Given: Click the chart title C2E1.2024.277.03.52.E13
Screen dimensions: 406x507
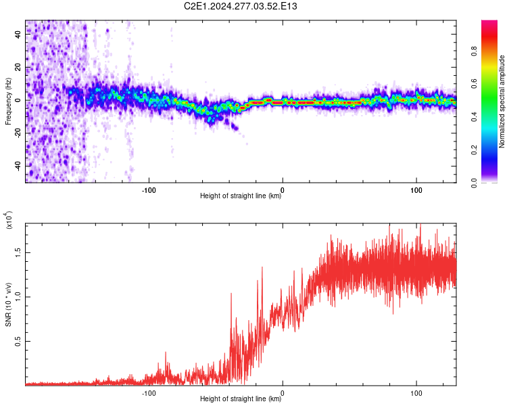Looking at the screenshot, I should [241, 6].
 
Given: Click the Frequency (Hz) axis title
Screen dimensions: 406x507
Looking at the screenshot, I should [9, 101].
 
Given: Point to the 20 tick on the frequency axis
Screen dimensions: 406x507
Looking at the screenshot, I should [18, 67].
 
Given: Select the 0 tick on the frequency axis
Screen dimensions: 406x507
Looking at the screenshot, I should [18, 100].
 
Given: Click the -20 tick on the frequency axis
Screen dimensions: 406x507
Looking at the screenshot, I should [18, 133].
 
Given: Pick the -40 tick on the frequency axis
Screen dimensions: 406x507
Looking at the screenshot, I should [18, 166].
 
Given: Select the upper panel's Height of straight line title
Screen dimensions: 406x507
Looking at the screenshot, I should [241, 197].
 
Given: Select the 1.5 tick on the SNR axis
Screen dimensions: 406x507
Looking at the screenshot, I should [18, 252].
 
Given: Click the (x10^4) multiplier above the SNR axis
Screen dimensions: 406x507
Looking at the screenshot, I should [9, 220].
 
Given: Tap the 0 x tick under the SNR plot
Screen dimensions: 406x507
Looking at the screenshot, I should [283, 392].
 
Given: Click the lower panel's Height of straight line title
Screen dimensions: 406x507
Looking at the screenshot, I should [241, 400].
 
